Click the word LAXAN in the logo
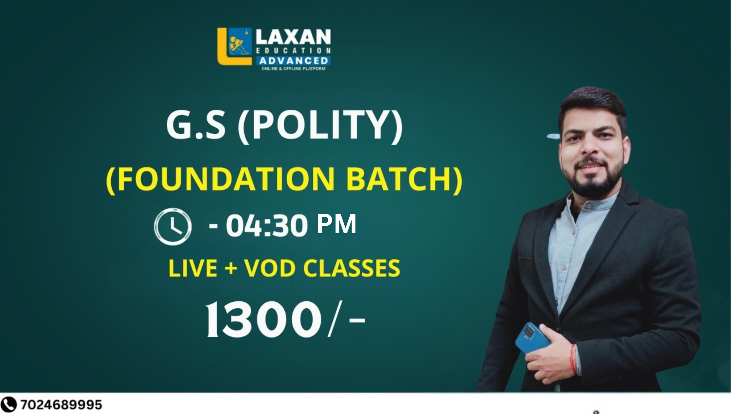(293, 37)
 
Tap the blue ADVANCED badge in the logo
(294, 61)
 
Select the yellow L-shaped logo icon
(235, 46)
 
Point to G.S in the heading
(195, 125)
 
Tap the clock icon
(173, 227)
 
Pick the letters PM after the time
(337, 224)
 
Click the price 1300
(264, 319)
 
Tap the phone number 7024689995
(61, 405)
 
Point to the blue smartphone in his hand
(532, 337)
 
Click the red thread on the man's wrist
(573, 359)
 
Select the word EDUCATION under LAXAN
(293, 51)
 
